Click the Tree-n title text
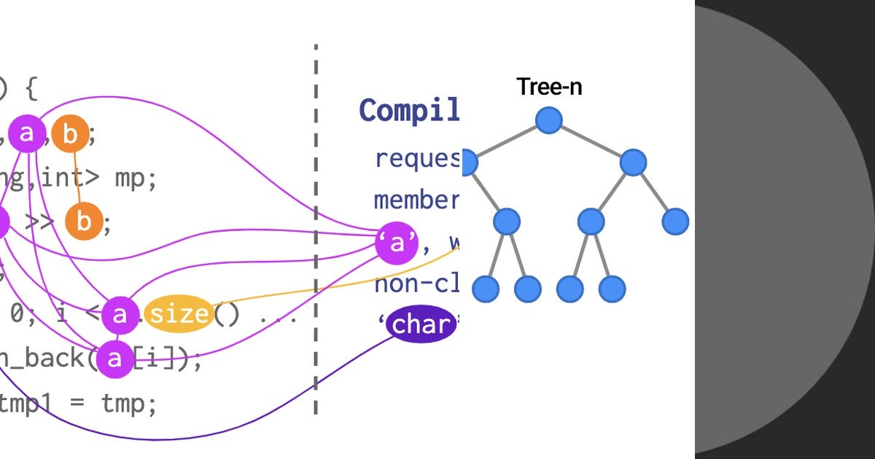pyautogui.click(x=549, y=87)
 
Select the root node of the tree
pyautogui.click(x=549, y=120)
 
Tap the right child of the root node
pyautogui.click(x=633, y=162)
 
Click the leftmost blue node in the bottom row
pyautogui.click(x=485, y=289)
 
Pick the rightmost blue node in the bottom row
pyautogui.click(x=612, y=289)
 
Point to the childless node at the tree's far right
pyautogui.click(x=675, y=221)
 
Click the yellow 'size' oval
pyautogui.click(x=179, y=315)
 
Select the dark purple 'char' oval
pyautogui.click(x=421, y=324)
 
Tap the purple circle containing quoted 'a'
pyautogui.click(x=397, y=243)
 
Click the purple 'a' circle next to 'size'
pyautogui.click(x=120, y=315)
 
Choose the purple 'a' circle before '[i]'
pyautogui.click(x=115, y=358)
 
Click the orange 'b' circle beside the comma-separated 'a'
pyautogui.click(x=70, y=133)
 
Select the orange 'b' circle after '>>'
pyautogui.click(x=84, y=222)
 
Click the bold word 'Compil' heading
pyautogui.click(x=409, y=110)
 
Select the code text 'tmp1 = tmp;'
pyautogui.click(x=77, y=402)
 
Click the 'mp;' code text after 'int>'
pyautogui.click(x=136, y=178)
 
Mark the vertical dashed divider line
pyautogui.click(x=316, y=233)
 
